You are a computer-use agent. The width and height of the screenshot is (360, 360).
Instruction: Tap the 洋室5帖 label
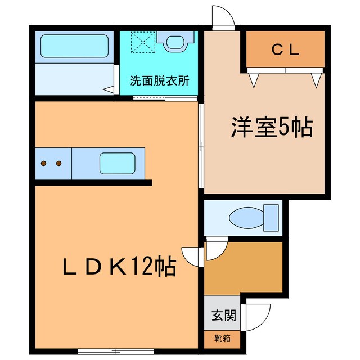click(x=271, y=128)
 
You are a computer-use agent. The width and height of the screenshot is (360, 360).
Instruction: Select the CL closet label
click(x=286, y=49)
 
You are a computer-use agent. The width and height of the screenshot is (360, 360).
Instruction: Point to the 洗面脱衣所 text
click(x=159, y=80)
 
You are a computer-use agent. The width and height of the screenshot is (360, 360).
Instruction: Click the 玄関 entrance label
click(x=217, y=315)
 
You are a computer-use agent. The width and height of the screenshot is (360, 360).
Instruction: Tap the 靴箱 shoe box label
click(x=217, y=339)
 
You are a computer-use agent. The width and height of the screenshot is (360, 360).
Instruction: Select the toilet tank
click(x=272, y=218)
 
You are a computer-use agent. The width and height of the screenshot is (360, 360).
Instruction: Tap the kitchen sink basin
click(x=117, y=163)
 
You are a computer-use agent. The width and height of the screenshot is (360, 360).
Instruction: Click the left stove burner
click(x=44, y=164)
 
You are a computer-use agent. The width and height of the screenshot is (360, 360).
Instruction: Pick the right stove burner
click(x=58, y=164)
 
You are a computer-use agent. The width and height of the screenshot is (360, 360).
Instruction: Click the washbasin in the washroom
click(x=174, y=40)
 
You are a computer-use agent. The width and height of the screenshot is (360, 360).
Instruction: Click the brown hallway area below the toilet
click(x=243, y=268)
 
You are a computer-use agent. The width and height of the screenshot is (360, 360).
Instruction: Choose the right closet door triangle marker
click(x=316, y=80)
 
